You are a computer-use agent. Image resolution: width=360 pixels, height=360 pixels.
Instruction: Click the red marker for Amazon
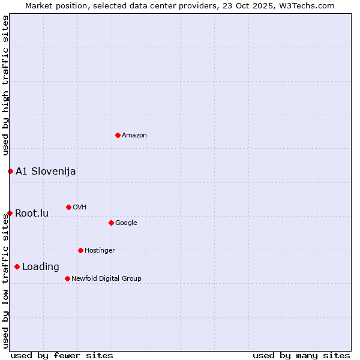118,135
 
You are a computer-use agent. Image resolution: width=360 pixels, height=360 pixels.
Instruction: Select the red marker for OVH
68,207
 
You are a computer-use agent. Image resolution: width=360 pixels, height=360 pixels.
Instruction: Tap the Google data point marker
111,223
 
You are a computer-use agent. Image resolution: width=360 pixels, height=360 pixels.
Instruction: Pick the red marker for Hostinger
80,250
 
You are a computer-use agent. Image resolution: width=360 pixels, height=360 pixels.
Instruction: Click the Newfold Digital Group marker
67,278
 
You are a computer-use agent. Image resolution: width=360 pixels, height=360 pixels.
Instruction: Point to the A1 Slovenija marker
10,171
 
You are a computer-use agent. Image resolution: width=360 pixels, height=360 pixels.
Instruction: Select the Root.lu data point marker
10,213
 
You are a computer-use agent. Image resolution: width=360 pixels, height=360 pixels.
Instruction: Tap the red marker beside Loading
17,266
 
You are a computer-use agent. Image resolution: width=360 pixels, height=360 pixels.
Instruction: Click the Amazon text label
134,136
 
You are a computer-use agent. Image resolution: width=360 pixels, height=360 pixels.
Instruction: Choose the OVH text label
80,208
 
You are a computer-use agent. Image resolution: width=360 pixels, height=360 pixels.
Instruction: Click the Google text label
126,223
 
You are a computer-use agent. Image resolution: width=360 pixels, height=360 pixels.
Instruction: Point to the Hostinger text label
100,251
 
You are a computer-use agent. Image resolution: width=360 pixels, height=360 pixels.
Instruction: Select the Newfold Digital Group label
106,279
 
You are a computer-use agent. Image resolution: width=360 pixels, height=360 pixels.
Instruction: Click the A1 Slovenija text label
46,172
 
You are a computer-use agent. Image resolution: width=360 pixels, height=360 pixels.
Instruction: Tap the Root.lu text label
32,214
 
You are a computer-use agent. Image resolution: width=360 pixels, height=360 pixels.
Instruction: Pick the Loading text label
41,267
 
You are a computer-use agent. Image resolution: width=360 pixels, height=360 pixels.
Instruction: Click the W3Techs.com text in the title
310,6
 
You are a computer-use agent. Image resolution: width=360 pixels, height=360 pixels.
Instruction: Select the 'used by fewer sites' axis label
62,355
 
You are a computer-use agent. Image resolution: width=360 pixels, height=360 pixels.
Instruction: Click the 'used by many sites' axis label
301,355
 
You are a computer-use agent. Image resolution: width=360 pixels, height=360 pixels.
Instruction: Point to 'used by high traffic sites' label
6,85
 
